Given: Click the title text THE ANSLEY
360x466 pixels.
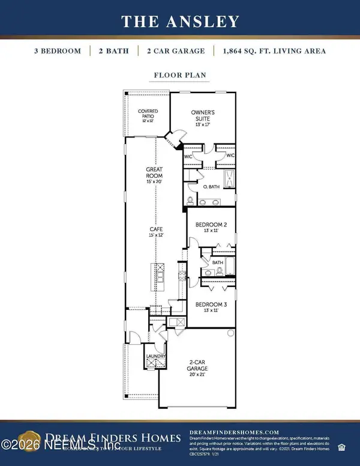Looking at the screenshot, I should click(x=179, y=22).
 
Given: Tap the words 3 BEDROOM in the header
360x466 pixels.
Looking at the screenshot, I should click(x=58, y=51).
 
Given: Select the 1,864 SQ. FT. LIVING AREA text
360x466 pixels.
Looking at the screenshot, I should click(x=278, y=51).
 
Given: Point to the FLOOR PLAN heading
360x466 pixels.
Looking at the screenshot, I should click(x=179, y=76).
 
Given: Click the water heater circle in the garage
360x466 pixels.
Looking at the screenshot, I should click(x=230, y=333).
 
